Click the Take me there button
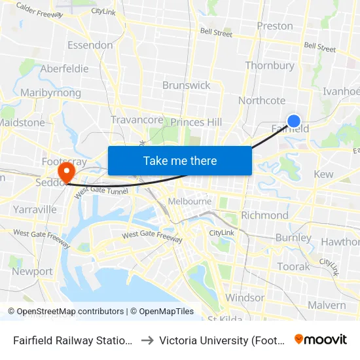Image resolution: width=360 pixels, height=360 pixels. click(180, 160)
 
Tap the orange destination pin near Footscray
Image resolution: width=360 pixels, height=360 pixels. click(66, 172)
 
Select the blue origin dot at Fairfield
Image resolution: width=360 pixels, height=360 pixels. click(294, 120)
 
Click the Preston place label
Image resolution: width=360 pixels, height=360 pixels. click(275, 26)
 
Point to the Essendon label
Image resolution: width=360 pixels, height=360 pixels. click(90, 45)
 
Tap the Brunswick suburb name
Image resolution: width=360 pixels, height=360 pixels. click(187, 85)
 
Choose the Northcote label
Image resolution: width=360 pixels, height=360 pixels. click(262, 100)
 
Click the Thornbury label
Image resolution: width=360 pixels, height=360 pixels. click(270, 65)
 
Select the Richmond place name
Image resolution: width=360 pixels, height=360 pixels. click(264, 215)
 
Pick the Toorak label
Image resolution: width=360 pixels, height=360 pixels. click(293, 266)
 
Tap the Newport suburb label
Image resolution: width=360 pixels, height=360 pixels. click(32, 271)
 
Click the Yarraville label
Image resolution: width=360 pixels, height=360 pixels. click(35, 209)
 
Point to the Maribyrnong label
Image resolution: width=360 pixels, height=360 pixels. click(50, 93)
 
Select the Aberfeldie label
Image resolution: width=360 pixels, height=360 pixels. click(64, 69)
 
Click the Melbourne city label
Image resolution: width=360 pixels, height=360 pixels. click(190, 201)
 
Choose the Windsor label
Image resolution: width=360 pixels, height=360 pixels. click(245, 298)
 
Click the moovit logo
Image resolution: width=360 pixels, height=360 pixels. click(321, 339)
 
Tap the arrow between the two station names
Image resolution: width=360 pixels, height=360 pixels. click(147, 340)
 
